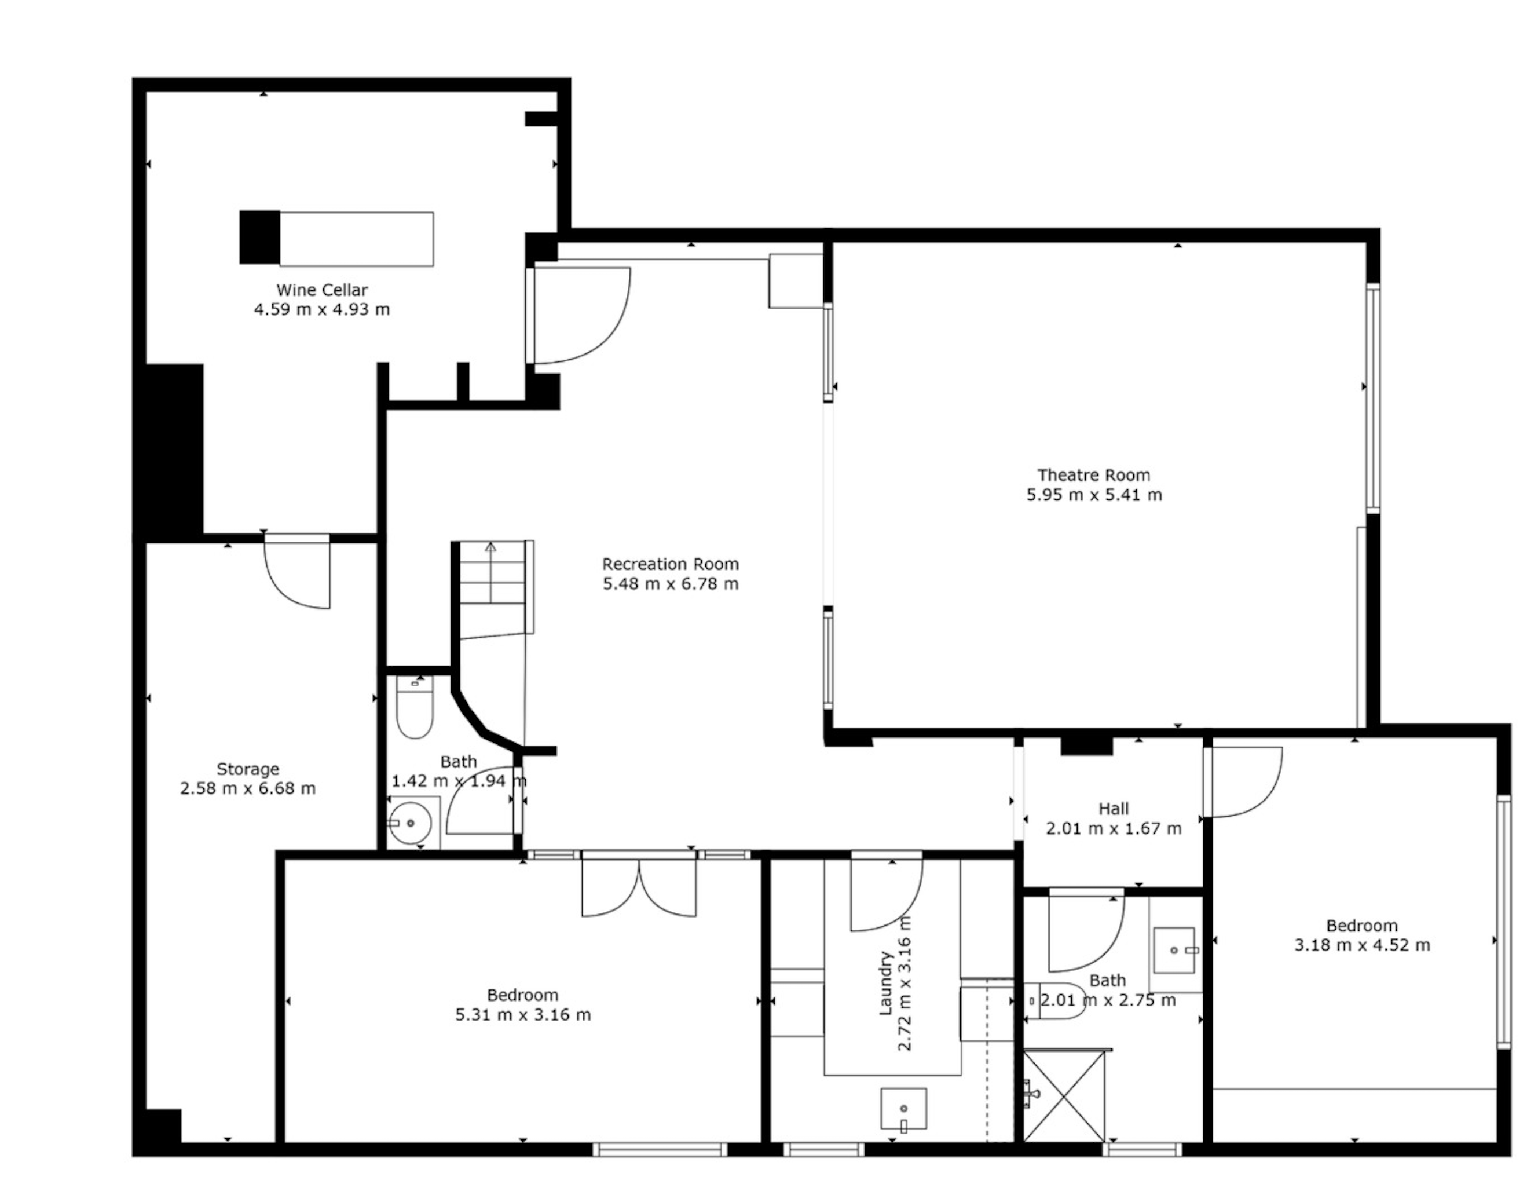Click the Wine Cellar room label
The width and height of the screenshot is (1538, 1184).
click(322, 290)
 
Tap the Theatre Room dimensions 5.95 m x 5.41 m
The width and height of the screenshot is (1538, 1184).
click(1094, 495)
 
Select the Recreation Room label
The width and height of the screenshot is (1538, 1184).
click(671, 564)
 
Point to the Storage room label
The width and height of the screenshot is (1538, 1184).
click(248, 769)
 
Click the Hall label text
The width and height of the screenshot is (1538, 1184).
click(1114, 809)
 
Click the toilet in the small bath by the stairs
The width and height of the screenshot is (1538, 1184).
click(414, 707)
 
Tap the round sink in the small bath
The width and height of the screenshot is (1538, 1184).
click(411, 823)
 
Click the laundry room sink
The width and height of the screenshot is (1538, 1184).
click(903, 1109)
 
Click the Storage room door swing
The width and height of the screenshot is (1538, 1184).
click(297, 571)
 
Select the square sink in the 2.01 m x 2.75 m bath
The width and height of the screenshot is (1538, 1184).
click(1174, 950)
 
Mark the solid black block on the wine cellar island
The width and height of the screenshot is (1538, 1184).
click(260, 237)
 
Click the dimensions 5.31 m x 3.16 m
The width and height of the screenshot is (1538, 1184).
click(522, 1015)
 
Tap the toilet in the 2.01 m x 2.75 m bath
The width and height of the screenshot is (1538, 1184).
click(1054, 1001)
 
